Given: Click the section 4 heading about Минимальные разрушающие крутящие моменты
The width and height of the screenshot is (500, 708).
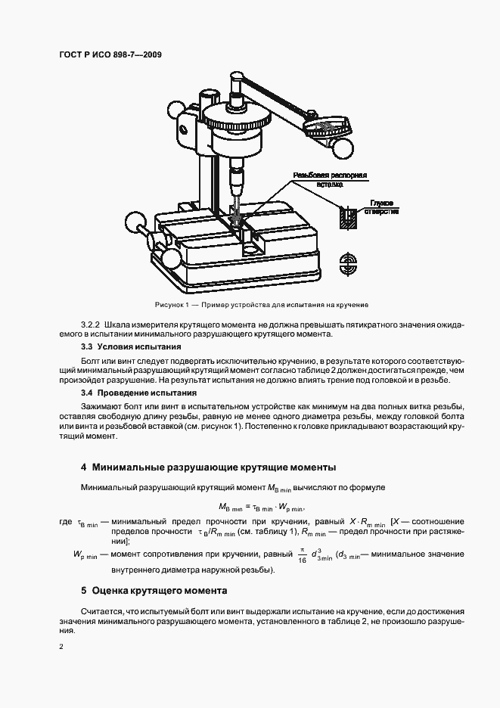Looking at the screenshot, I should click(209, 467).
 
